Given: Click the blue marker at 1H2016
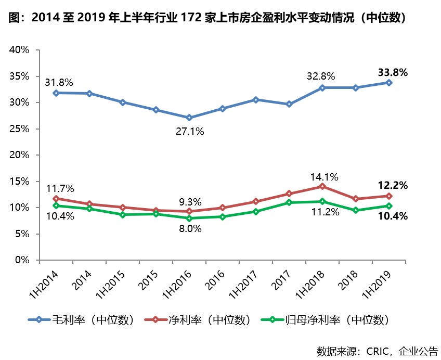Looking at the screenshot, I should click(189, 118).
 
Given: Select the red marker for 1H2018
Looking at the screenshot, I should click(322, 186).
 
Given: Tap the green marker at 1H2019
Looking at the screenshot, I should click(388, 206).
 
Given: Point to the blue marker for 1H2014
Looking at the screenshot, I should click(56, 93).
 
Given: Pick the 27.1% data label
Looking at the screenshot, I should click(189, 131).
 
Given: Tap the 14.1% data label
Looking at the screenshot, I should click(323, 176).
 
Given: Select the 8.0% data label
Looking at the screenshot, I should click(190, 228).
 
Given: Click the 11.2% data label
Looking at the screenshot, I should click(325, 212).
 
